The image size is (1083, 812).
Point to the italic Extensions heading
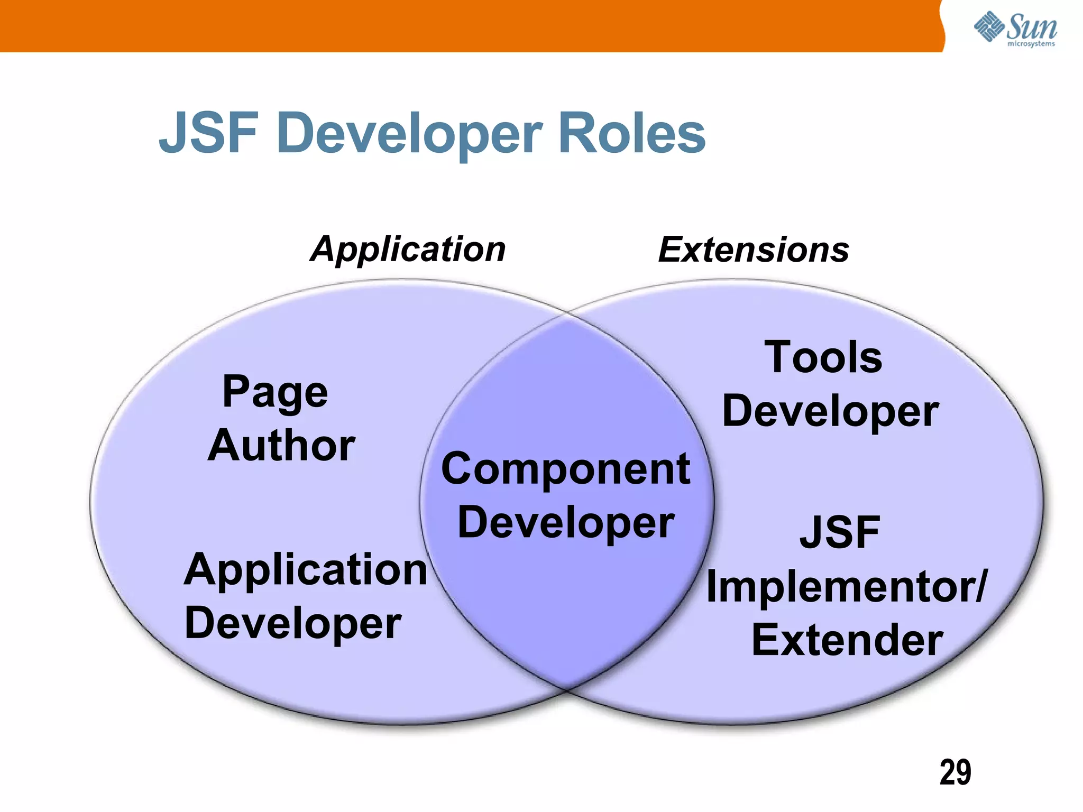pos(754,250)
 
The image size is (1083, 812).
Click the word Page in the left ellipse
pos(275,393)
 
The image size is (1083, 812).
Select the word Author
pos(281,446)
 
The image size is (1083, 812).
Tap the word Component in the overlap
pos(565,469)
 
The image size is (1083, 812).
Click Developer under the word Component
pos(565,523)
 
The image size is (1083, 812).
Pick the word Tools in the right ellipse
pos(823,357)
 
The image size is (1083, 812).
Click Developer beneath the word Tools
pos(830,412)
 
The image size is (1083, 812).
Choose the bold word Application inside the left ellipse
pos(306,570)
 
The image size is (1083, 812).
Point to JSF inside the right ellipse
pos(839,532)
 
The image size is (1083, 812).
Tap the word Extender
pos(847,640)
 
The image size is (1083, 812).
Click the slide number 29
pos(955,772)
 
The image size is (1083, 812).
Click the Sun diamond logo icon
pos(989,26)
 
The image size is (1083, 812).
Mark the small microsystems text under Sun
pos(1031,44)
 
